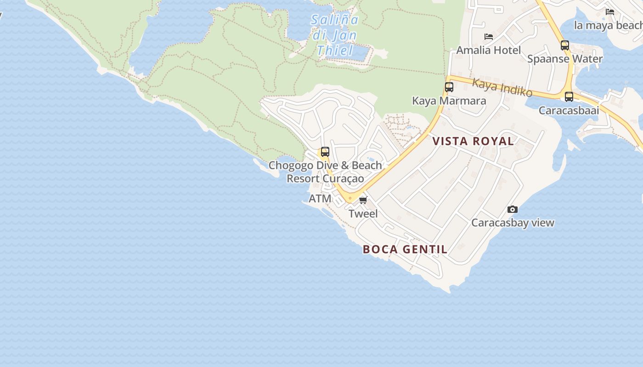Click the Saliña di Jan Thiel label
point(334,35)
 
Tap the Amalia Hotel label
point(488,50)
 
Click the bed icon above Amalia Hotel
point(489,37)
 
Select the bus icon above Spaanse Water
point(565,45)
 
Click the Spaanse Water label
point(564,59)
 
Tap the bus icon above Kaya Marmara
point(449,87)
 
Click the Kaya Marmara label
point(449,100)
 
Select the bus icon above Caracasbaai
point(569,97)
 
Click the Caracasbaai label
point(569,111)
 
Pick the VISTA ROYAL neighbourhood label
point(473,141)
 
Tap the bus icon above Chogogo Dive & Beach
point(325,152)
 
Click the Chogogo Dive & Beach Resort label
point(325,172)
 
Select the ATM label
point(320,199)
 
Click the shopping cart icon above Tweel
point(363,200)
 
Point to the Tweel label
point(363,213)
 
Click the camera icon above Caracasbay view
point(513,210)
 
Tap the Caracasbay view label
point(513,223)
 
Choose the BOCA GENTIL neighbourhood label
point(405,250)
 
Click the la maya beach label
point(608,26)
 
